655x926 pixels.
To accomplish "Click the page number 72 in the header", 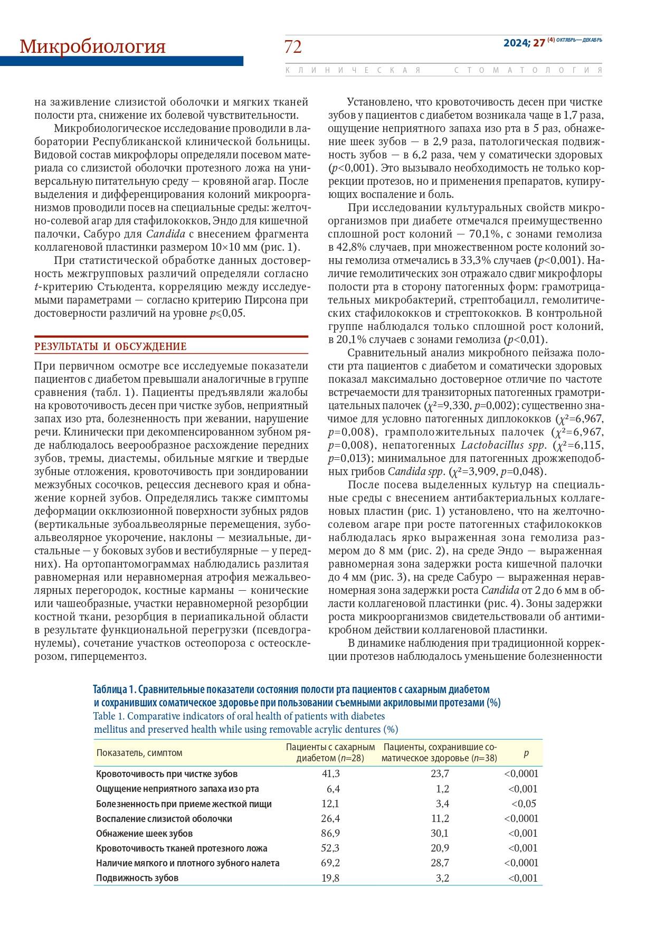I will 293,47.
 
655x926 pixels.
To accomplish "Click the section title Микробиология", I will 92,46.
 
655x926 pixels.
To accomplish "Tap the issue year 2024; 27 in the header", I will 524,43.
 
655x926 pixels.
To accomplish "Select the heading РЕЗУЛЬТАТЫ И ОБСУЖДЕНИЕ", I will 110,347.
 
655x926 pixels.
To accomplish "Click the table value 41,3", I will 330,774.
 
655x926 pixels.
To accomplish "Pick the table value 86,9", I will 330,834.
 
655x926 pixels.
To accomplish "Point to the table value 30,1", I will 439,834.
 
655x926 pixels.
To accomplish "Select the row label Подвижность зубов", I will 137,878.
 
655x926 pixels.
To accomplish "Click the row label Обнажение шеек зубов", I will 144,834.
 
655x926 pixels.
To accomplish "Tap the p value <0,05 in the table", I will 524,804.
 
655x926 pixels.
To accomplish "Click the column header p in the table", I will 526,753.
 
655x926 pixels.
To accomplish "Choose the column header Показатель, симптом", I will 139,753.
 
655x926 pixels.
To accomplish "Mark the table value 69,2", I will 330,863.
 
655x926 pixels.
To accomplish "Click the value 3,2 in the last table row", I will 442,878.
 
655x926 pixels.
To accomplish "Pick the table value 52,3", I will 330,848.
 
